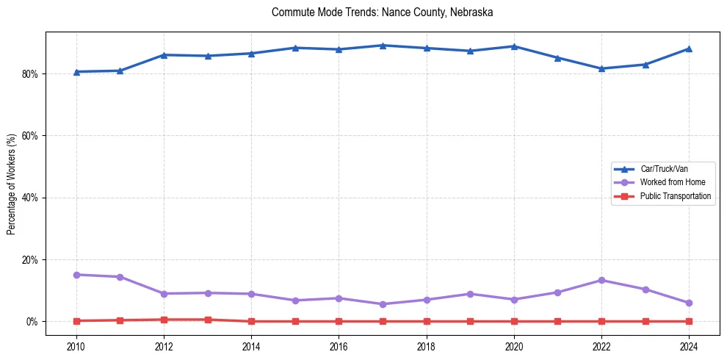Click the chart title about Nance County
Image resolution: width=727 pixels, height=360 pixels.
pyautogui.click(x=382, y=12)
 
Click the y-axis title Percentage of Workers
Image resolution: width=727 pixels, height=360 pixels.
pyautogui.click(x=12, y=184)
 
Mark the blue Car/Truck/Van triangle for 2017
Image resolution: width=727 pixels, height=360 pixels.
pyautogui.click(x=383, y=46)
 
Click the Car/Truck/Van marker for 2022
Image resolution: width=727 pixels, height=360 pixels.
pyautogui.click(x=601, y=68)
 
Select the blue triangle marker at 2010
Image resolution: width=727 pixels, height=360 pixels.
pyautogui.click(x=76, y=71)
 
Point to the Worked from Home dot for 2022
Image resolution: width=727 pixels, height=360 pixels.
pyautogui.click(x=601, y=280)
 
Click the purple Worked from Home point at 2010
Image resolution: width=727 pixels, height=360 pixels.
pyautogui.click(x=76, y=275)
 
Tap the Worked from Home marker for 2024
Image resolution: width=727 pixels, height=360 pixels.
pyautogui.click(x=689, y=303)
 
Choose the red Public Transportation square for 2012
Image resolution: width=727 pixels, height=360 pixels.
pyautogui.click(x=164, y=320)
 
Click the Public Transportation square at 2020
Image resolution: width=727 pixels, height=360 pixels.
pyautogui.click(x=514, y=321)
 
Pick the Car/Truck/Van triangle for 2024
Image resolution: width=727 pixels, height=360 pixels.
pyautogui.click(x=689, y=48)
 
